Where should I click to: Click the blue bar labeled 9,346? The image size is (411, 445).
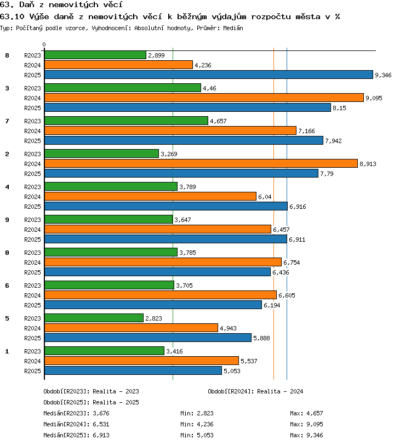(x=209, y=75)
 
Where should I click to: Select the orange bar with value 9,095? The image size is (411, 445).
(x=204, y=98)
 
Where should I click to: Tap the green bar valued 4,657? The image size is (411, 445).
(x=126, y=121)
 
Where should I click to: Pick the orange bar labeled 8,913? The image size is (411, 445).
(x=201, y=163)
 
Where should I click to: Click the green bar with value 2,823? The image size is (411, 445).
(x=94, y=318)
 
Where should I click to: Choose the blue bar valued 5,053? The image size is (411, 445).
(x=133, y=370)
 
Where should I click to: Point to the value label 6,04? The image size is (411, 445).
(x=265, y=197)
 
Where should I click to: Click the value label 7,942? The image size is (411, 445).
(x=333, y=141)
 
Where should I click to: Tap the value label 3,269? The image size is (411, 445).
(x=169, y=154)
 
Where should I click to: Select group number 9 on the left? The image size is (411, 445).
(x=7, y=220)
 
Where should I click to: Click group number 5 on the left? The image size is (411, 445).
(x=7, y=318)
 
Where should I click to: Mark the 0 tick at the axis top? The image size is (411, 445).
(x=44, y=44)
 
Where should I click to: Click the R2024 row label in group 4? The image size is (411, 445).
(x=32, y=197)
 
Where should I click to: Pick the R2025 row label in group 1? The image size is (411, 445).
(x=32, y=371)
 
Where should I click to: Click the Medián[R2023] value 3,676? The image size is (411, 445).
(x=101, y=413)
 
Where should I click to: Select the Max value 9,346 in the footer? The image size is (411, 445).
(x=315, y=435)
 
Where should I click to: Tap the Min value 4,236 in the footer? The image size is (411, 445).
(x=205, y=424)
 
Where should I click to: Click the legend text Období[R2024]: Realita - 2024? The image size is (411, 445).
(x=255, y=391)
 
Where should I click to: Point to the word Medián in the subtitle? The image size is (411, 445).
(x=233, y=28)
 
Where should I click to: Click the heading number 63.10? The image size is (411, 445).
(x=12, y=17)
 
